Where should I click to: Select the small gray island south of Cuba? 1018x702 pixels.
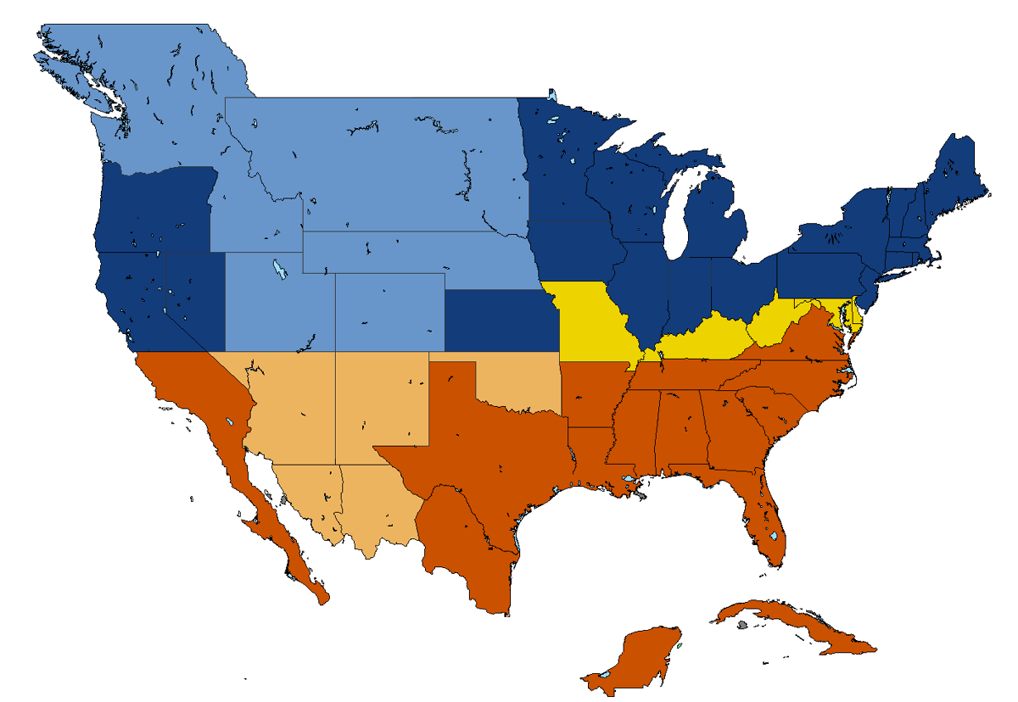742,625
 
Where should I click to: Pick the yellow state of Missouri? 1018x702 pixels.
590,318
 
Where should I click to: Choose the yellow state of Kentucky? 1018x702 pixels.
704,339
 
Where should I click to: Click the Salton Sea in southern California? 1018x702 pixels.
230,422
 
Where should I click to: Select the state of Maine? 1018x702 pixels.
959,170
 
